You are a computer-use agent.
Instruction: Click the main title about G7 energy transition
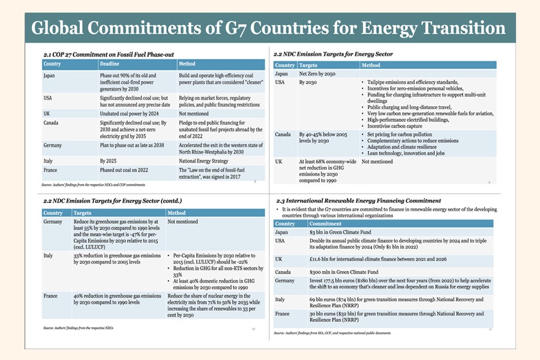pos(268,28)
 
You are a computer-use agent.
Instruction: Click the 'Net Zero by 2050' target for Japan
pos(322,73)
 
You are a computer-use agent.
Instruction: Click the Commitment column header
pos(326,224)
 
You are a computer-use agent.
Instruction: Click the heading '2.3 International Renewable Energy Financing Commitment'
pos(358,200)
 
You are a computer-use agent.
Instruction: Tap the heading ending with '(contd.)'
pos(111,200)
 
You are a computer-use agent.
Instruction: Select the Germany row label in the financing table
pos(285,281)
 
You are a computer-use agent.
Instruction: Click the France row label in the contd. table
pos(50,296)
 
